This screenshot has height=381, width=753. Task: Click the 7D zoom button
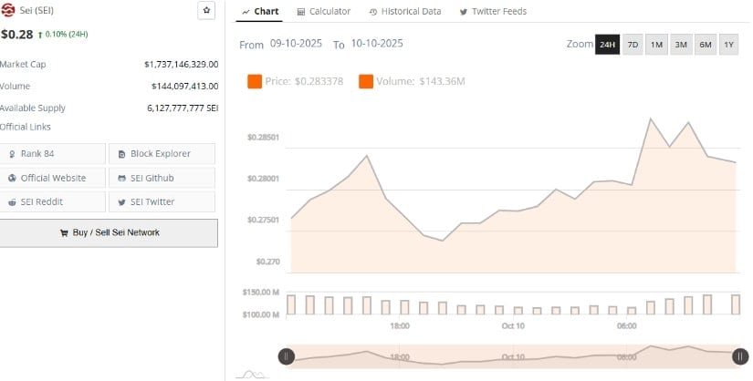point(633,45)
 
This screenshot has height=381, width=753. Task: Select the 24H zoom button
point(607,45)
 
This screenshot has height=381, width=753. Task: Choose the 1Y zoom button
point(728,45)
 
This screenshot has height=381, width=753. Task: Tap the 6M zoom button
point(705,45)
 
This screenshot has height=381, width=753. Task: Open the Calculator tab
point(324,11)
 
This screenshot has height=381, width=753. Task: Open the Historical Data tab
point(404,11)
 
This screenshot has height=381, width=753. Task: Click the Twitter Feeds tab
point(493,11)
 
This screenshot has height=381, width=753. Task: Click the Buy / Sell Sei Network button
point(109,232)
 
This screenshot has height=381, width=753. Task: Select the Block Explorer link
point(162,154)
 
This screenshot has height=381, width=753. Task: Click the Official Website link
point(53,178)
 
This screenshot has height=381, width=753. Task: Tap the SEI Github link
point(162,178)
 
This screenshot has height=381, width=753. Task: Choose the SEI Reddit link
point(53,201)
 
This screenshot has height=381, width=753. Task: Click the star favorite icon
point(206,10)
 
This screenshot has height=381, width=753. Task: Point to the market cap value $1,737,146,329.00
point(181,65)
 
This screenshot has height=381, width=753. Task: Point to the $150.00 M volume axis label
point(261,293)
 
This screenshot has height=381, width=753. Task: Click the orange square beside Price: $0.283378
point(255,82)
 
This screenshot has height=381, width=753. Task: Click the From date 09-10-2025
point(296,44)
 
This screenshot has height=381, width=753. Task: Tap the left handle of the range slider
point(286,356)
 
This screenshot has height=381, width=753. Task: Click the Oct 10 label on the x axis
point(513,326)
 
